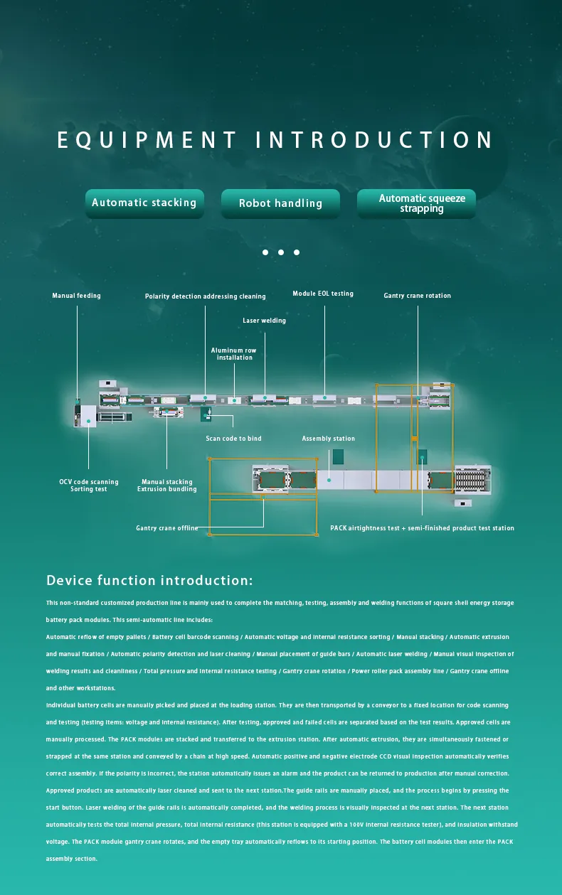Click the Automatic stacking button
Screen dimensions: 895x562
pos(144,203)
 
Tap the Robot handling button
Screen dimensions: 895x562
pos(280,204)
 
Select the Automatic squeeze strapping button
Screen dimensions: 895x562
pos(416,203)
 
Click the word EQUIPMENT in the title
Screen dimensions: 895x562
pos(147,140)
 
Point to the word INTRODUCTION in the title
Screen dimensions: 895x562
pos(374,140)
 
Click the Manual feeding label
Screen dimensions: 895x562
pos(76,296)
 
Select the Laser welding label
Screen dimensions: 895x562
pos(264,321)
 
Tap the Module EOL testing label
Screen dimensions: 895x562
pos(323,294)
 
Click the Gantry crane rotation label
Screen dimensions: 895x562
pos(417,296)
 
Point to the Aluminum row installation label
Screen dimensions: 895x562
pos(234,354)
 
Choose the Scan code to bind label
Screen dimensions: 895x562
pos(233,439)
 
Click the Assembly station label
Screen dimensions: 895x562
pos(328,439)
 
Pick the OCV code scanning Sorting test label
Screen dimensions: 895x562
pos(89,486)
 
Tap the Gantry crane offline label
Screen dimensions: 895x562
pos(167,528)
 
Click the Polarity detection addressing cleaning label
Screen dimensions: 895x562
pos(205,296)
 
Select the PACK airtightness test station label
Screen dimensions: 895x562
pos(422,528)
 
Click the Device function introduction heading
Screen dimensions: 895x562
pos(149,581)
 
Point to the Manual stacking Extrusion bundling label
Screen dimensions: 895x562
pos(167,486)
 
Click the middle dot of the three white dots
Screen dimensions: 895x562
pos(281,252)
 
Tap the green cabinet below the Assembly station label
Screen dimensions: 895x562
pos(338,456)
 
